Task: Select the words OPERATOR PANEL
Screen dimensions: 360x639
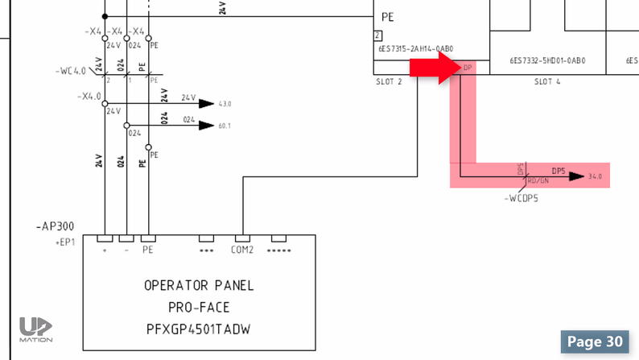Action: pos(199,285)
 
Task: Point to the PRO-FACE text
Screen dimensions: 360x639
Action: pos(199,307)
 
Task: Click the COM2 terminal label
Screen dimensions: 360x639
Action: pos(243,250)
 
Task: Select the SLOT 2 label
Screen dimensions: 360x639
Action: pos(389,82)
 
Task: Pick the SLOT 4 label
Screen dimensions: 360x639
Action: pos(547,82)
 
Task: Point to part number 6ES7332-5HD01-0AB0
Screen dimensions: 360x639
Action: pos(547,60)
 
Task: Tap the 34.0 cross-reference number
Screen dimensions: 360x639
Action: pos(596,176)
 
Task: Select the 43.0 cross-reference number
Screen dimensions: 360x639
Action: pos(225,104)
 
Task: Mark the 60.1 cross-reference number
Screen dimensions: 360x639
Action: pos(225,126)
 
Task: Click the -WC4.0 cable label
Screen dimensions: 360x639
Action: pos(72,71)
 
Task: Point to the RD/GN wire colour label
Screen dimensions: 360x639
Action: pos(537,180)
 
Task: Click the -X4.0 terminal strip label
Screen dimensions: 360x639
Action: pos(89,95)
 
